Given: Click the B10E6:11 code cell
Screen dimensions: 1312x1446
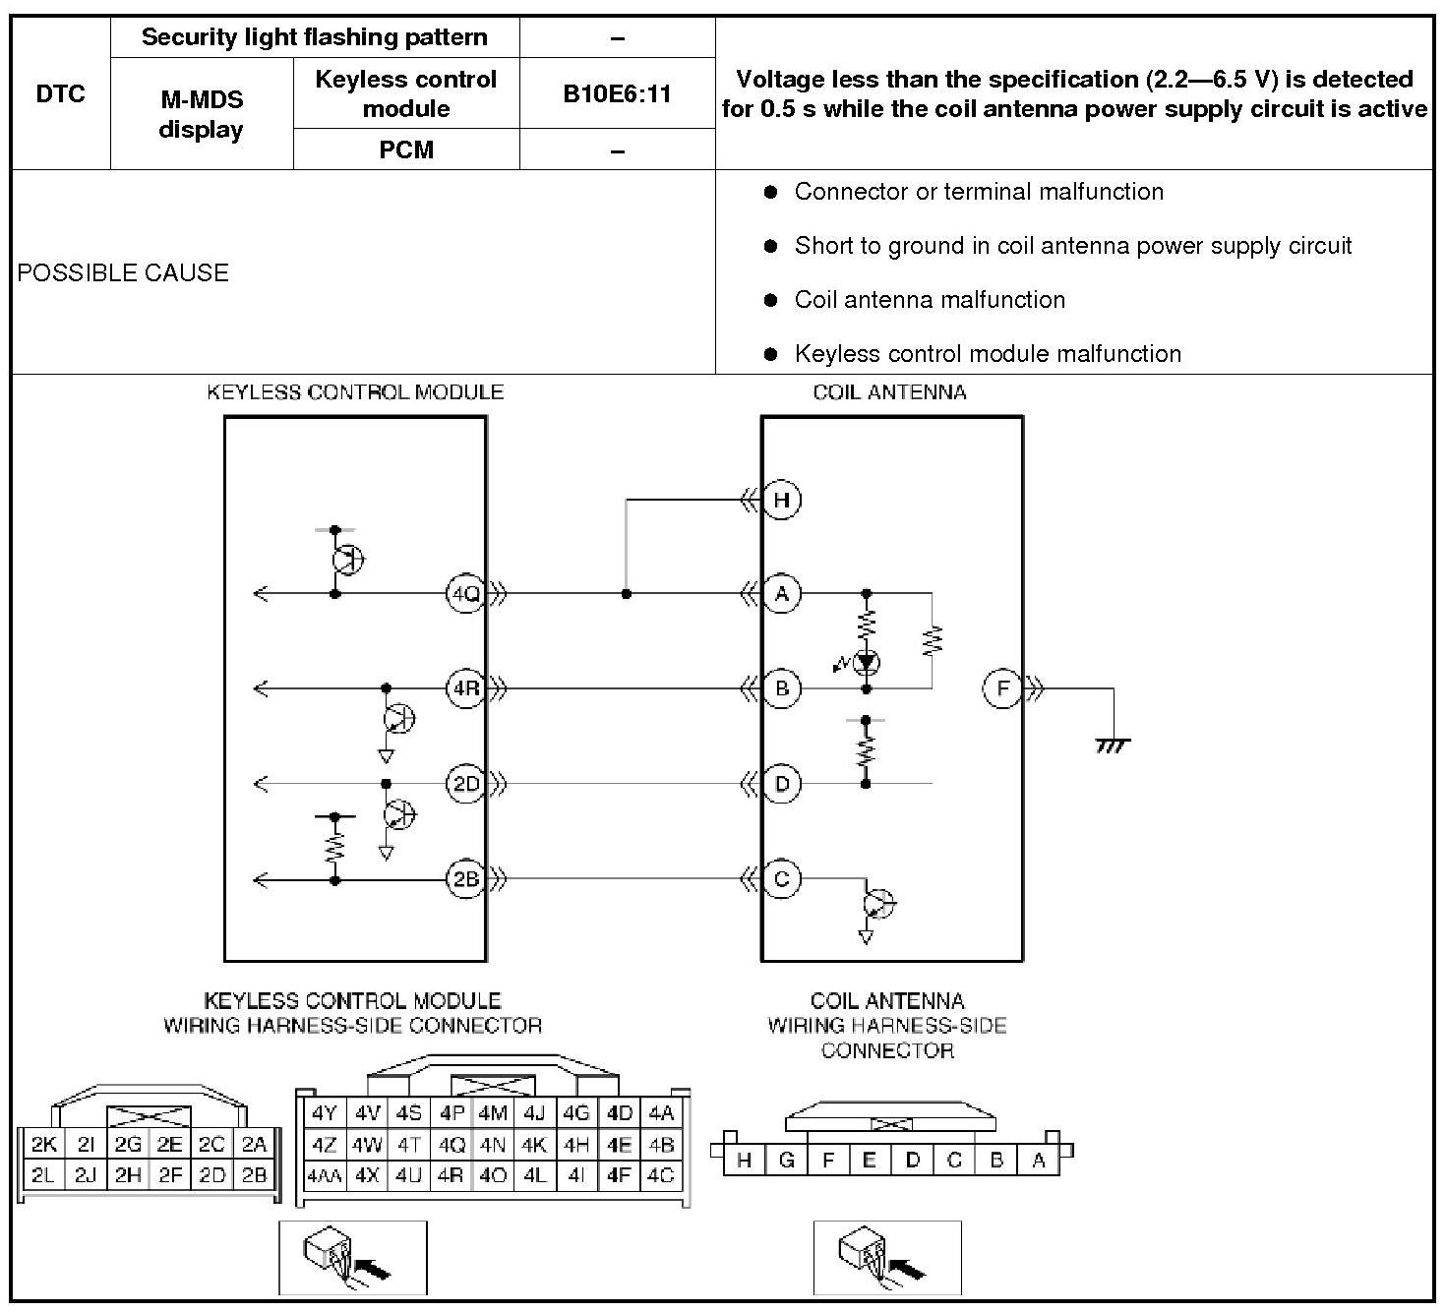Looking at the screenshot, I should coord(617,93).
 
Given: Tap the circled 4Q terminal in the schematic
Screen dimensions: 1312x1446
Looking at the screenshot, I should coord(464,593).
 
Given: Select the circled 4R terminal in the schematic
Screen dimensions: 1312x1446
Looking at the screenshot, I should coord(464,688).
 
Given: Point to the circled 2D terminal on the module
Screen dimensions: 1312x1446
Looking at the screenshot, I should coord(464,784).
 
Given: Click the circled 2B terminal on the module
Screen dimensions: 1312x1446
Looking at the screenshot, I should coord(464,878).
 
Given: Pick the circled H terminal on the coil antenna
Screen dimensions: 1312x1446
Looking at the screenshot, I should coord(782,500).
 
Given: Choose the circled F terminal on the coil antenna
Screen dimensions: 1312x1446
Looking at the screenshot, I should coord(1002,688).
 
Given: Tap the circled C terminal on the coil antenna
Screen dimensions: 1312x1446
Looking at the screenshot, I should coord(782,878).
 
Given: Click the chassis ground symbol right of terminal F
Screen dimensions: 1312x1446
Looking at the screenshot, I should coord(1113,745).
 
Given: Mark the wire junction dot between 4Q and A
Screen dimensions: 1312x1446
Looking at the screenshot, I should coord(627,594).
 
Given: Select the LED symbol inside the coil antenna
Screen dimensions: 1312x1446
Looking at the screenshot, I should coord(866,663).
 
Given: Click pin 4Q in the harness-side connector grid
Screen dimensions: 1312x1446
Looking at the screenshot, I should coord(452,1145).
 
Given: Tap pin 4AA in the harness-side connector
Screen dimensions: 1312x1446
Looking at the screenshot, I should coord(324,1175).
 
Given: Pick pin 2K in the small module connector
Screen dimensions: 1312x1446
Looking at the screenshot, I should coord(44,1144).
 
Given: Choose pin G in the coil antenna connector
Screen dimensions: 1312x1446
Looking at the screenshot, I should coord(786,1161).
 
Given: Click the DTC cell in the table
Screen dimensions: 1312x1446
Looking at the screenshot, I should coord(60,93).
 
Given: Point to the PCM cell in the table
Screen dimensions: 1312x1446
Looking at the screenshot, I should coord(405,149).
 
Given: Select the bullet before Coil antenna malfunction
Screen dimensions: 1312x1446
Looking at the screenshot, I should coord(770,300).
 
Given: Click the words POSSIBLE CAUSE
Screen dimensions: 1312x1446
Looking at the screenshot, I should coord(123,272).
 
